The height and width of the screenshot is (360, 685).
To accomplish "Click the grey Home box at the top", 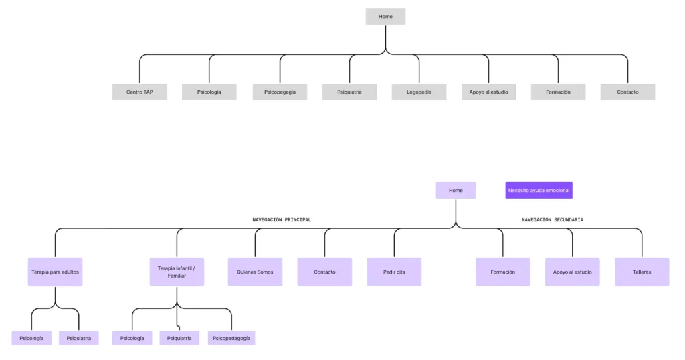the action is click(385, 17).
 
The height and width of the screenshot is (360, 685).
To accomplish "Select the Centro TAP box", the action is click(139, 92).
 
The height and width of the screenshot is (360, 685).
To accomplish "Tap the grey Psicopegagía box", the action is click(280, 92).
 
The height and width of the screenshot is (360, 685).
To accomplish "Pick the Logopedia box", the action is click(419, 92).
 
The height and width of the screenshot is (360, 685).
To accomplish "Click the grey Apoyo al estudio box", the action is click(488, 92).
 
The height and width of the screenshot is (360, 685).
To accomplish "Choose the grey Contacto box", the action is click(627, 92).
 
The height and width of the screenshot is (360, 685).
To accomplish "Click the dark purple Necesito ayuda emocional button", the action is click(539, 191).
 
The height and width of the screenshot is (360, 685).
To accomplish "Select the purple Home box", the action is click(456, 191).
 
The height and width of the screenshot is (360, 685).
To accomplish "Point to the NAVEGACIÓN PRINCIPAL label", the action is click(282, 219).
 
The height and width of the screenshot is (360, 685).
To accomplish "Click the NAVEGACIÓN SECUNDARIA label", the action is click(552, 219).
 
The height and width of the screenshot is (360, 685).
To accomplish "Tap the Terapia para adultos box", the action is click(55, 272).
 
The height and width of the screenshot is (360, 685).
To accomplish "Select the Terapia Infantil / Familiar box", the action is click(177, 272).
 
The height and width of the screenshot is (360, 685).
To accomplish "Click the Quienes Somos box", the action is click(255, 272).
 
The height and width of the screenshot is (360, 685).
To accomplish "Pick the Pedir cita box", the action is click(394, 272).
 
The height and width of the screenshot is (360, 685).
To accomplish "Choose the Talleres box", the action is click(642, 272).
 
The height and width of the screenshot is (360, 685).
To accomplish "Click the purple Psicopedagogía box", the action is click(231, 338).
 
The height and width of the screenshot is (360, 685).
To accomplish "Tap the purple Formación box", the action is click(503, 272).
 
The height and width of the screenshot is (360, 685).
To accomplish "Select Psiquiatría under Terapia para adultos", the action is click(79, 338).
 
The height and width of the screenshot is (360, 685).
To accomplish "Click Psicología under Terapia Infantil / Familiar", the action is click(132, 338).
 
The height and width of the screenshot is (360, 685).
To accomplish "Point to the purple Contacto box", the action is click(324, 272).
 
